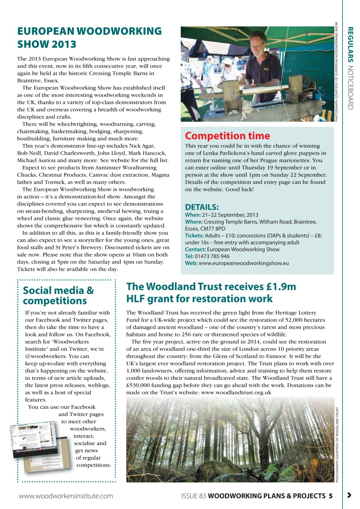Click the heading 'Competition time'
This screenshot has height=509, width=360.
(x=227, y=136)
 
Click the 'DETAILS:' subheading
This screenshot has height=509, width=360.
(x=202, y=207)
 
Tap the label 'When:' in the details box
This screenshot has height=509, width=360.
(x=193, y=215)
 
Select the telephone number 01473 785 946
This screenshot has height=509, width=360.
(x=212, y=256)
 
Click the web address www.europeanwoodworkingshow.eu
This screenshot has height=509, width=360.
(x=243, y=263)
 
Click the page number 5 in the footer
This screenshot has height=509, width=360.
(x=330, y=496)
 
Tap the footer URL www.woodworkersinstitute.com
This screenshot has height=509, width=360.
(x=66, y=496)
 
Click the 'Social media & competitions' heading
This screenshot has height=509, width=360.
(x=58, y=295)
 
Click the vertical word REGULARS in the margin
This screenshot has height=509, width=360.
(x=350, y=44)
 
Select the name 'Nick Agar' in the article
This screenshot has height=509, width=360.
(x=142, y=146)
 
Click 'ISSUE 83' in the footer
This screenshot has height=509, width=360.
(x=193, y=496)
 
